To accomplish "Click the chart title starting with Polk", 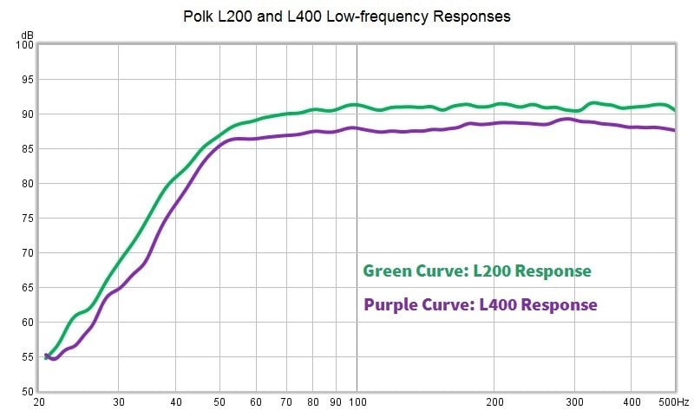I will pyautogui.click(x=347, y=16).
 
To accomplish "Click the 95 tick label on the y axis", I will pyautogui.click(x=26, y=80).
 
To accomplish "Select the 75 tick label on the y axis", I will pyautogui.click(x=26, y=219).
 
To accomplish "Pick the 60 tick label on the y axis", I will pyautogui.click(x=26, y=323).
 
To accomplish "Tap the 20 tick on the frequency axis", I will pyautogui.click(x=39, y=403).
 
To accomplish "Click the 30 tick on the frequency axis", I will pyautogui.click(x=119, y=403).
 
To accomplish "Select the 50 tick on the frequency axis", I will pyautogui.click(x=219, y=403).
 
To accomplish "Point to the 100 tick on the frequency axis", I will pyautogui.click(x=357, y=403).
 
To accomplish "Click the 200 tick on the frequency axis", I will pyautogui.click(x=494, y=403).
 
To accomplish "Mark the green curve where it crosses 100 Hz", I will pyautogui.click(x=357, y=105).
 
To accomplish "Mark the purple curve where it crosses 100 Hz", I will pyautogui.click(x=357, y=127).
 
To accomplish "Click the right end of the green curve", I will pyautogui.click(x=674, y=110).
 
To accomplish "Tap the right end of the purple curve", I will pyautogui.click(x=674, y=130).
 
